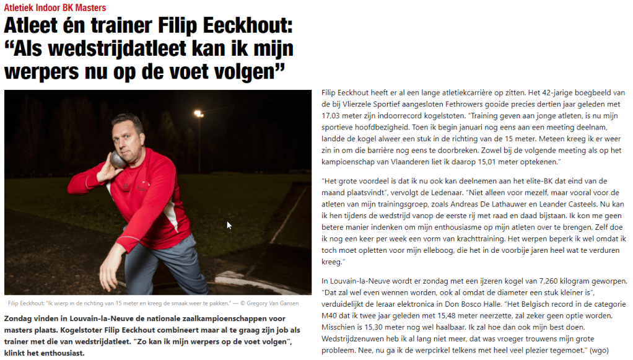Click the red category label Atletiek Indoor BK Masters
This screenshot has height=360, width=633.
[x=55, y=7]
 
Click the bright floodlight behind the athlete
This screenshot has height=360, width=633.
[x=198, y=113]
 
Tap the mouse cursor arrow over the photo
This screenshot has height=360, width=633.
[x=229, y=226]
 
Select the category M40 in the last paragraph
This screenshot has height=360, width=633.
[x=333, y=315]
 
